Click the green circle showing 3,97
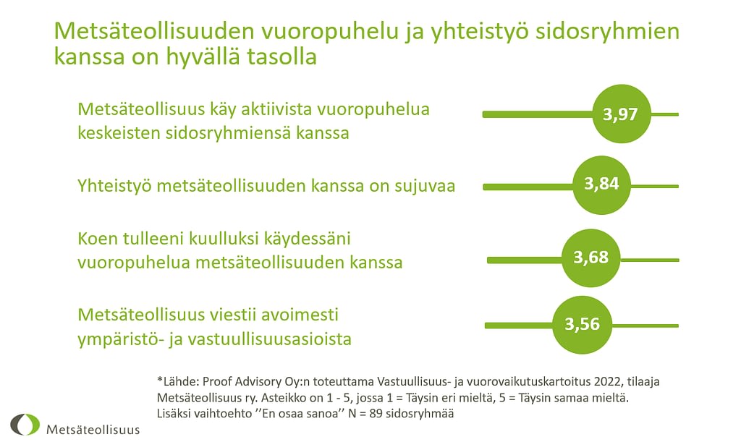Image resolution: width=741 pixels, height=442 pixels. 622,114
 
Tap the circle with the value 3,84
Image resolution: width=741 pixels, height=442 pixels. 601,185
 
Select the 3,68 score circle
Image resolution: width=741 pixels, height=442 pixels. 590,258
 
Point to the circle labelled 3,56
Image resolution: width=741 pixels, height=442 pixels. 582,325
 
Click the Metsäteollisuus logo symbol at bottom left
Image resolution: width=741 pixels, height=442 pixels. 25,425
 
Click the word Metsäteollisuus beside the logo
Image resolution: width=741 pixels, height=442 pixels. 93,430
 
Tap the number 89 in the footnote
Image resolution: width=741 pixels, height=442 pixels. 376,414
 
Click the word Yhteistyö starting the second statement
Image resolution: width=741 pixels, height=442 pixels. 115,186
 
